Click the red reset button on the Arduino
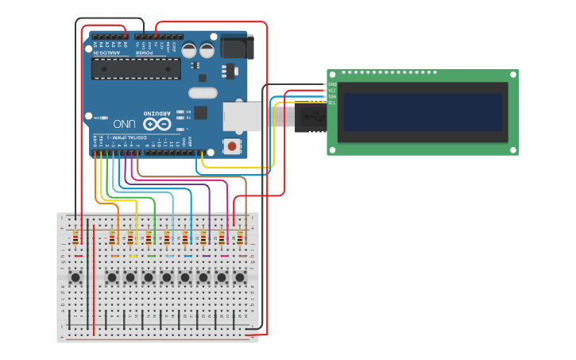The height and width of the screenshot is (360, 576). tap(232, 145)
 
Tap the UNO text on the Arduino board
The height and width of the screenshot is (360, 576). tap(124, 124)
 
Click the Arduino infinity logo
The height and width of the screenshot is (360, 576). tap(157, 124)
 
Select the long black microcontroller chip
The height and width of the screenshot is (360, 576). tap(136, 69)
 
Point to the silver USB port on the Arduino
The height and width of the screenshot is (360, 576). tap(242, 116)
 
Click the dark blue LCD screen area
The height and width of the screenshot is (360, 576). tap(423, 112)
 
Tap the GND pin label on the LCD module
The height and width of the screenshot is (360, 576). tap(332, 84)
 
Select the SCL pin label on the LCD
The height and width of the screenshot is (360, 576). tap(332, 103)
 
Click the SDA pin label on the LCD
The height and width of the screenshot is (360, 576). tap(332, 96)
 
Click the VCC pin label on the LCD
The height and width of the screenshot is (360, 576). tap(332, 91)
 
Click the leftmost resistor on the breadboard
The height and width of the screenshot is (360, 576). tap(75, 238)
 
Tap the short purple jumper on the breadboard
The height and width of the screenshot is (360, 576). tap(207, 256)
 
